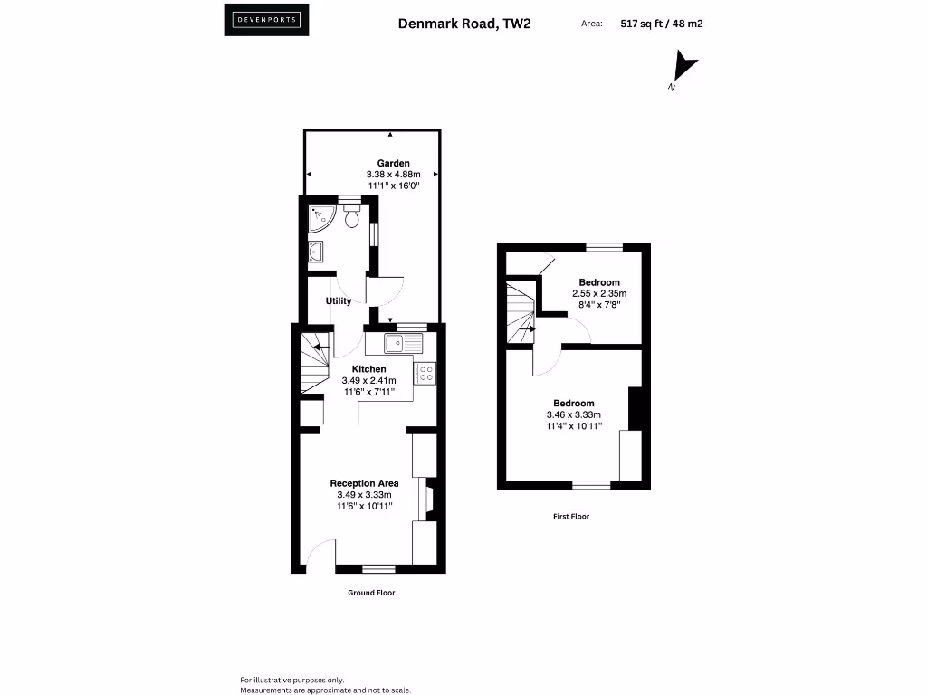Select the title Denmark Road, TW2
pos(464,24)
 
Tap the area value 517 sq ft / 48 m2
pos(662,24)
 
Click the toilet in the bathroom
pos(351,216)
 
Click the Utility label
pos(339,301)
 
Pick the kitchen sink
pos(402,343)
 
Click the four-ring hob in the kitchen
pos(425,372)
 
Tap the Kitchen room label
pos(369,369)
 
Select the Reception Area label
pos(364,483)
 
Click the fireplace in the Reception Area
pos(428,500)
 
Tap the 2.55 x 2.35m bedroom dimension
pos(599,294)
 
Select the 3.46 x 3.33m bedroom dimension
pos(574,414)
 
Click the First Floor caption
pos(571,517)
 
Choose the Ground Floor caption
pos(371,593)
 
